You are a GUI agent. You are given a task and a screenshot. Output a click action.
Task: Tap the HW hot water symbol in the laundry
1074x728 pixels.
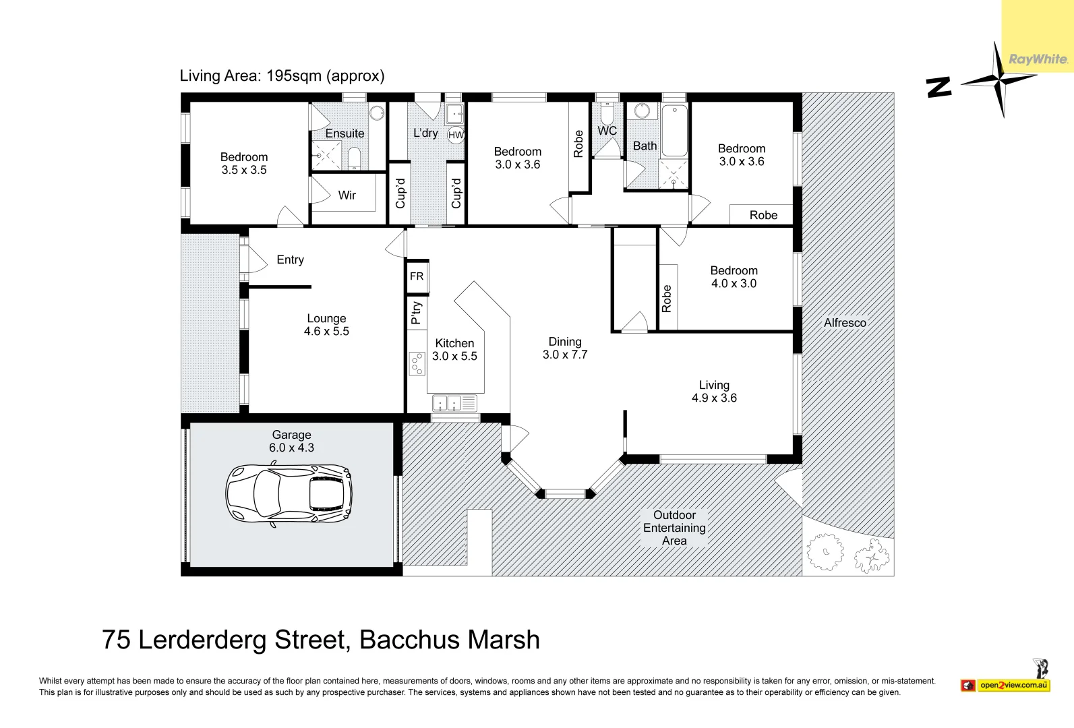point(456,135)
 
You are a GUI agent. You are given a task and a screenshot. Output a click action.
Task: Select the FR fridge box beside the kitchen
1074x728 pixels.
point(417,276)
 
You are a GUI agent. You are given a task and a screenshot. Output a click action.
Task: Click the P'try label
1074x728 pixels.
point(417,312)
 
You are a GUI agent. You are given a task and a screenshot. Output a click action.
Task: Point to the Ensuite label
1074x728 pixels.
point(345,133)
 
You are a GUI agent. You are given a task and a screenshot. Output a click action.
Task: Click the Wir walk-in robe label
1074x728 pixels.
point(347,195)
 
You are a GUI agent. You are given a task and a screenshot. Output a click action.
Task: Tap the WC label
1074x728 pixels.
point(607,131)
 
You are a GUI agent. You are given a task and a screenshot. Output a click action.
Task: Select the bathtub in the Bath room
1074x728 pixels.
point(674,131)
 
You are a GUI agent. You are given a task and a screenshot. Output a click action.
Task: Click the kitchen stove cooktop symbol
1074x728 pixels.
point(417,364)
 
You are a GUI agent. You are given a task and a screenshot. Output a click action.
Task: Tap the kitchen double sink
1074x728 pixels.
point(446,403)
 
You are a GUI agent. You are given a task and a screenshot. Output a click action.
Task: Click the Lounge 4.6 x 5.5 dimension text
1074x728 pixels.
point(326,332)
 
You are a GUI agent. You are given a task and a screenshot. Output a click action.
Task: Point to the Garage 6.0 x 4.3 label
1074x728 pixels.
point(291,442)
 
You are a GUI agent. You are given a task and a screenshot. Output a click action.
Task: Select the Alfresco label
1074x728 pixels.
point(844,323)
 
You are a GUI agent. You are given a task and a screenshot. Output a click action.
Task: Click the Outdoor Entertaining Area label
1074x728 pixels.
point(674,528)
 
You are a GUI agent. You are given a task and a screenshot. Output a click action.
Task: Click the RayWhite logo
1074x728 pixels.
point(1038,59)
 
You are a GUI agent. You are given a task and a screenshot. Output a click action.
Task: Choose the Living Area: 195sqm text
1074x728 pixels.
point(282,75)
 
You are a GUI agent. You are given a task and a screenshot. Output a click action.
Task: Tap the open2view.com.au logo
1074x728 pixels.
point(1013,686)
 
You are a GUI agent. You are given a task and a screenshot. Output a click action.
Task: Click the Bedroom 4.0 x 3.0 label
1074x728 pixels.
point(734,277)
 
